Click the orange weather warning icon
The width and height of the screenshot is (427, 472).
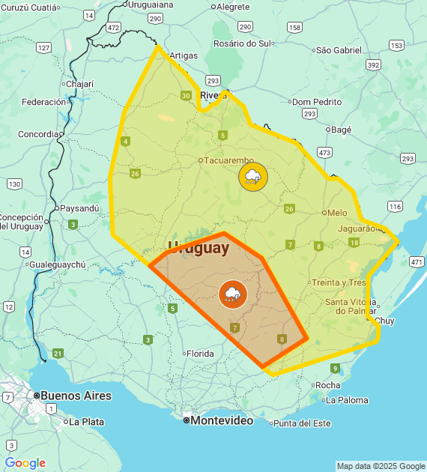232,294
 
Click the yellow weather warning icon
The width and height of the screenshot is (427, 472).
252,177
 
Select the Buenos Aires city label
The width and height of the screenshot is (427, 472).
76,396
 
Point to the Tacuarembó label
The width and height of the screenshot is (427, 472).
228,160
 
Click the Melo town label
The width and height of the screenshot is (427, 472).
336,213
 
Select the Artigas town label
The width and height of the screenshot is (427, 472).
184,55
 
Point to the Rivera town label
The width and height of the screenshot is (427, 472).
213,95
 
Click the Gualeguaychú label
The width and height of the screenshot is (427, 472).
58,264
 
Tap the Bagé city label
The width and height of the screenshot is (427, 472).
341,130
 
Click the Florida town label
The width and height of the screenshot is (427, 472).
200,354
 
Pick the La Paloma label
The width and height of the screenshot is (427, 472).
347,400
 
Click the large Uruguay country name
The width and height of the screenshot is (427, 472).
199,247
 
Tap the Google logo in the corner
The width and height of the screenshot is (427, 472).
25,463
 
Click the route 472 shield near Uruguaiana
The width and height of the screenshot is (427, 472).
113,27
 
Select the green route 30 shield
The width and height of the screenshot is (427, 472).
186,95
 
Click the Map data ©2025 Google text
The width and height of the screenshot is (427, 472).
379,466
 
